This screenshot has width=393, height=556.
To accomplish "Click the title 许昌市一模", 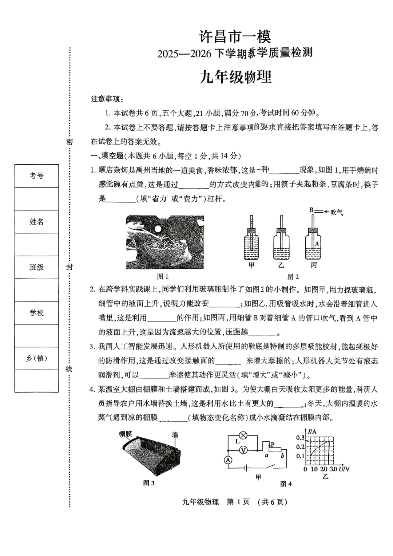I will tap(235, 36).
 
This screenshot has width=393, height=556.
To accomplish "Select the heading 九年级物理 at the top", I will tap(235, 77).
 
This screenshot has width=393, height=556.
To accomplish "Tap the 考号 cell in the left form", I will tap(36, 176).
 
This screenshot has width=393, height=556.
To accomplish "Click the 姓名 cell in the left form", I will tap(36, 221).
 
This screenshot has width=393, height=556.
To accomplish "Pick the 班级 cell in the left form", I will tap(36, 267).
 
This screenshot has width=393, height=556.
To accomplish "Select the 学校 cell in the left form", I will tap(36, 313).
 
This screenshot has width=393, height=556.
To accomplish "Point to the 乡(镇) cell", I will tap(36, 358).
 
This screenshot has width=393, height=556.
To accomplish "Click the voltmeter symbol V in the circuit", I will tap(243, 450).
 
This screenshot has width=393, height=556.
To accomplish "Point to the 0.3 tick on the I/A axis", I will tap(300, 438).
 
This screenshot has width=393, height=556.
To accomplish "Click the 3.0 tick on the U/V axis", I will tap(333, 469).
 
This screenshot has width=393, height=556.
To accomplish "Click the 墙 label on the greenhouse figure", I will tap(175, 435).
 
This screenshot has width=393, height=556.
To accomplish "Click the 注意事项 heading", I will tap(107, 99).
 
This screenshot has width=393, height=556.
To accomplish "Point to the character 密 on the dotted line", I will tap(69, 142).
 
